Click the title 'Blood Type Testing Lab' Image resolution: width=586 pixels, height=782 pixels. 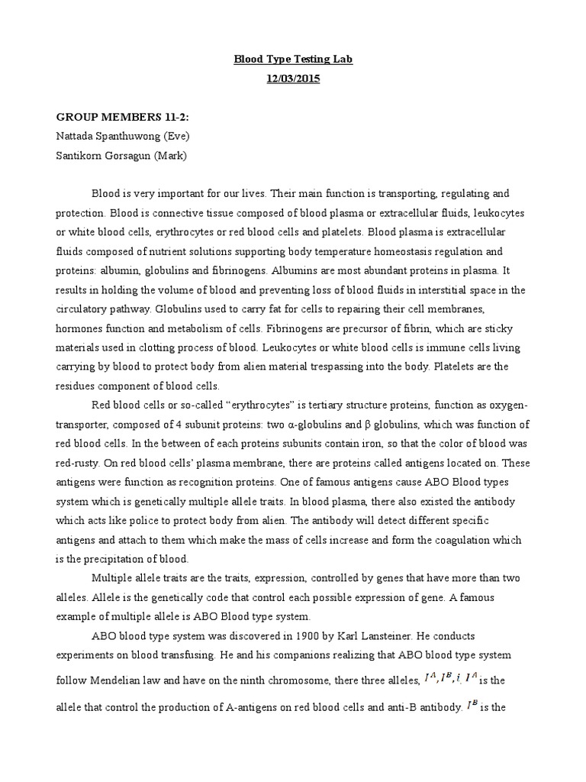click(293, 59)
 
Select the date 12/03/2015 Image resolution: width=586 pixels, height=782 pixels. click(293, 79)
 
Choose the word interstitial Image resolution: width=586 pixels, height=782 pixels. click(430, 289)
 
